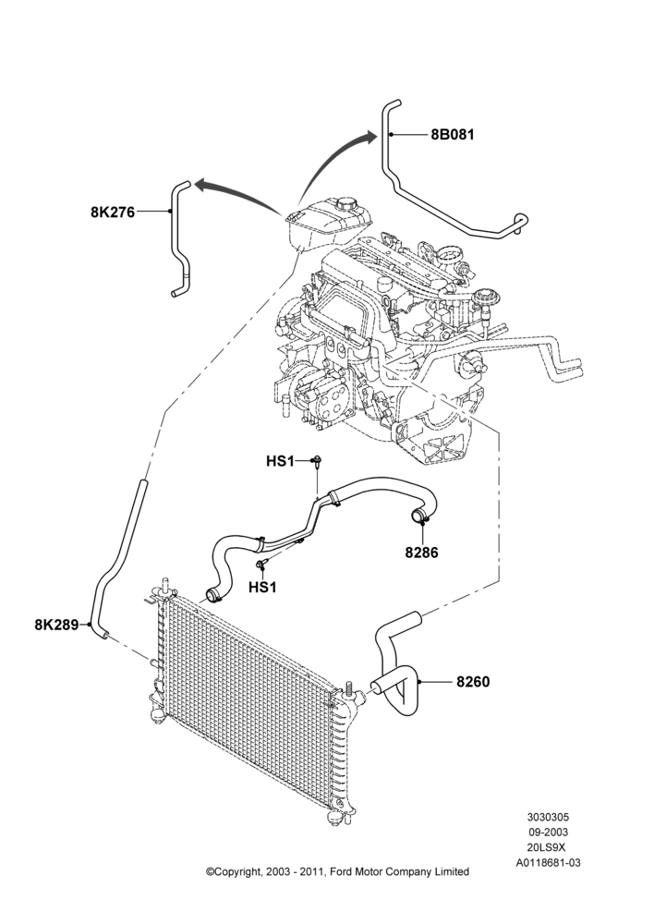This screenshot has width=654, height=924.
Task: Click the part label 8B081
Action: (452, 134)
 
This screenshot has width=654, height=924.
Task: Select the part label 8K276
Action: (113, 212)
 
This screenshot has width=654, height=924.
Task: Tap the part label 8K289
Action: (56, 625)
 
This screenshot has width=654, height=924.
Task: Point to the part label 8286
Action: (421, 553)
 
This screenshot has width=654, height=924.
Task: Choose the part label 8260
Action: (473, 682)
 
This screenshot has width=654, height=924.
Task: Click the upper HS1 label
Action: (280, 461)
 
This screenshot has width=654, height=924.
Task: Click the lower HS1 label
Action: (262, 587)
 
